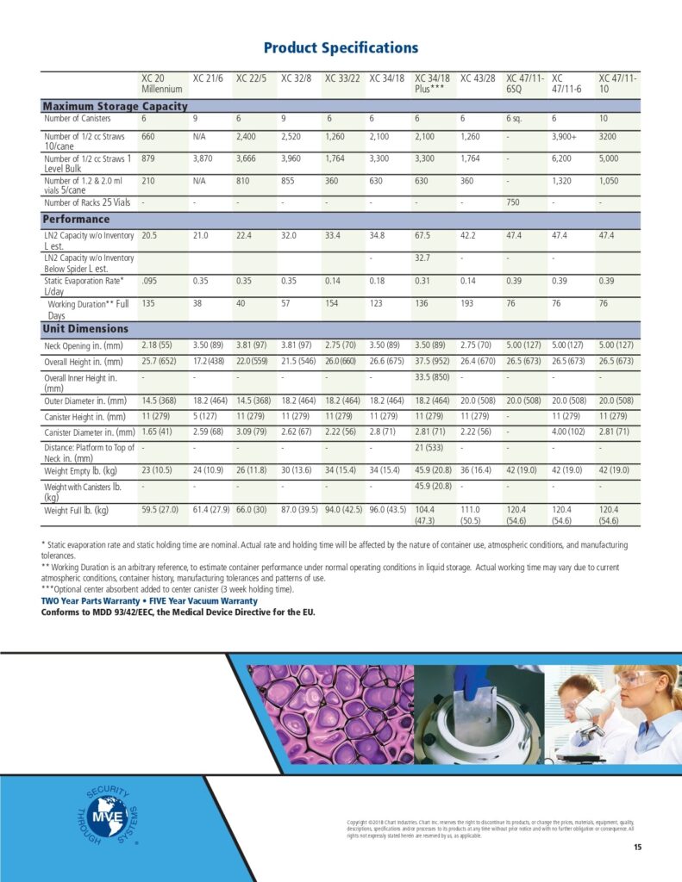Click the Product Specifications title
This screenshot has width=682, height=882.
pos(341,48)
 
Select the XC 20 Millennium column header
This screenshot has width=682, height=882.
pos(162,84)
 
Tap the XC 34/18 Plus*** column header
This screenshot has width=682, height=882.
pos(433,84)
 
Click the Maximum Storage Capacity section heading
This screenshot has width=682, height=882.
pos(115,106)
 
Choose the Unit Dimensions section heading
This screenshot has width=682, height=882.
pos(85,329)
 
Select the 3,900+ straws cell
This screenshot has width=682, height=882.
pos(565,137)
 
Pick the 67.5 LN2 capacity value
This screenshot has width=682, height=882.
pos(424,235)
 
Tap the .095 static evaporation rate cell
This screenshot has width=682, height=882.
pos(151,280)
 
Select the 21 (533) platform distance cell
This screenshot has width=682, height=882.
pos(431,448)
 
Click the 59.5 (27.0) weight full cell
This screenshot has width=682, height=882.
pos(160,511)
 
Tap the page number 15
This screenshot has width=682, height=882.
pos(637,848)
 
